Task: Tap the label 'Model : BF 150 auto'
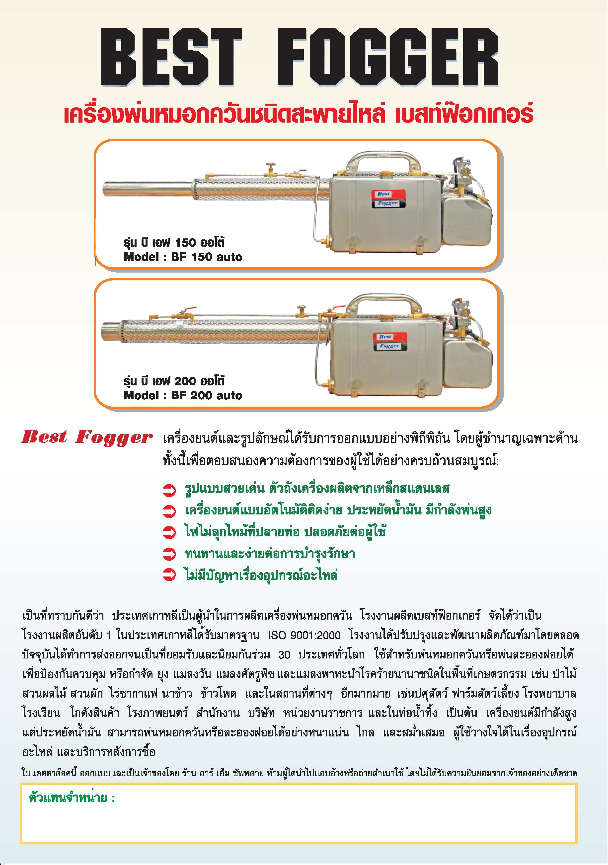183,257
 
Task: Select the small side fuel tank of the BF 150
466,221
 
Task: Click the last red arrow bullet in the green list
169,575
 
